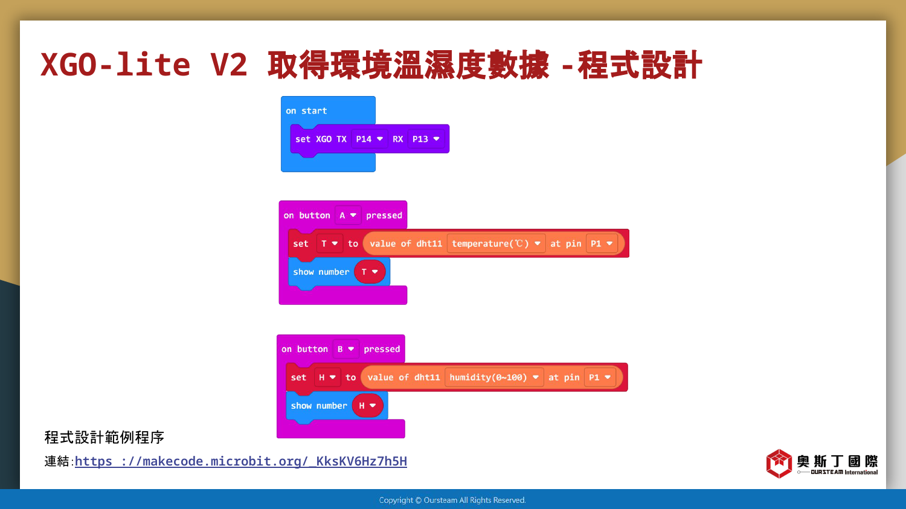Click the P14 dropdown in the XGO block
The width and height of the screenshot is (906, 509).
(369, 139)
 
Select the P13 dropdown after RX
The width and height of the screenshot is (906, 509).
(426, 139)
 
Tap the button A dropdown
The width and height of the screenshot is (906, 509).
(348, 216)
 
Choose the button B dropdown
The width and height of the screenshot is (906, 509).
(346, 349)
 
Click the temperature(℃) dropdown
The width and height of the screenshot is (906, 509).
(496, 243)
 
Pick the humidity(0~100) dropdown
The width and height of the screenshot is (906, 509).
(494, 377)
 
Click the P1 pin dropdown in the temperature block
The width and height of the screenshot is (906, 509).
(602, 243)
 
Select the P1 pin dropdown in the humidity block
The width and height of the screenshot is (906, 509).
(600, 377)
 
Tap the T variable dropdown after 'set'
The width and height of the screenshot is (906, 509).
(329, 243)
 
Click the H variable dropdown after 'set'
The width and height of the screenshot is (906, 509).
(327, 377)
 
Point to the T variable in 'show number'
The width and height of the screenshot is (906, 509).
(370, 272)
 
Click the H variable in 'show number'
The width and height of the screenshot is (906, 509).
(368, 406)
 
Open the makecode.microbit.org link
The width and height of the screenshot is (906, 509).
(241, 461)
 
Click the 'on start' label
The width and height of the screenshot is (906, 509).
(306, 110)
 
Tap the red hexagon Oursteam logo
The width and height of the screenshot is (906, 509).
(779, 463)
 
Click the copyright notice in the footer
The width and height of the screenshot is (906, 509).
(452, 500)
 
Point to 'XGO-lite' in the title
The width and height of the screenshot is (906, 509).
(115, 65)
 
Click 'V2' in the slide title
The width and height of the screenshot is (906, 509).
(228, 65)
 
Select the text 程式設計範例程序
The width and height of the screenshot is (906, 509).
(104, 437)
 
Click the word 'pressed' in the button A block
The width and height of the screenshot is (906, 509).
(384, 216)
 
